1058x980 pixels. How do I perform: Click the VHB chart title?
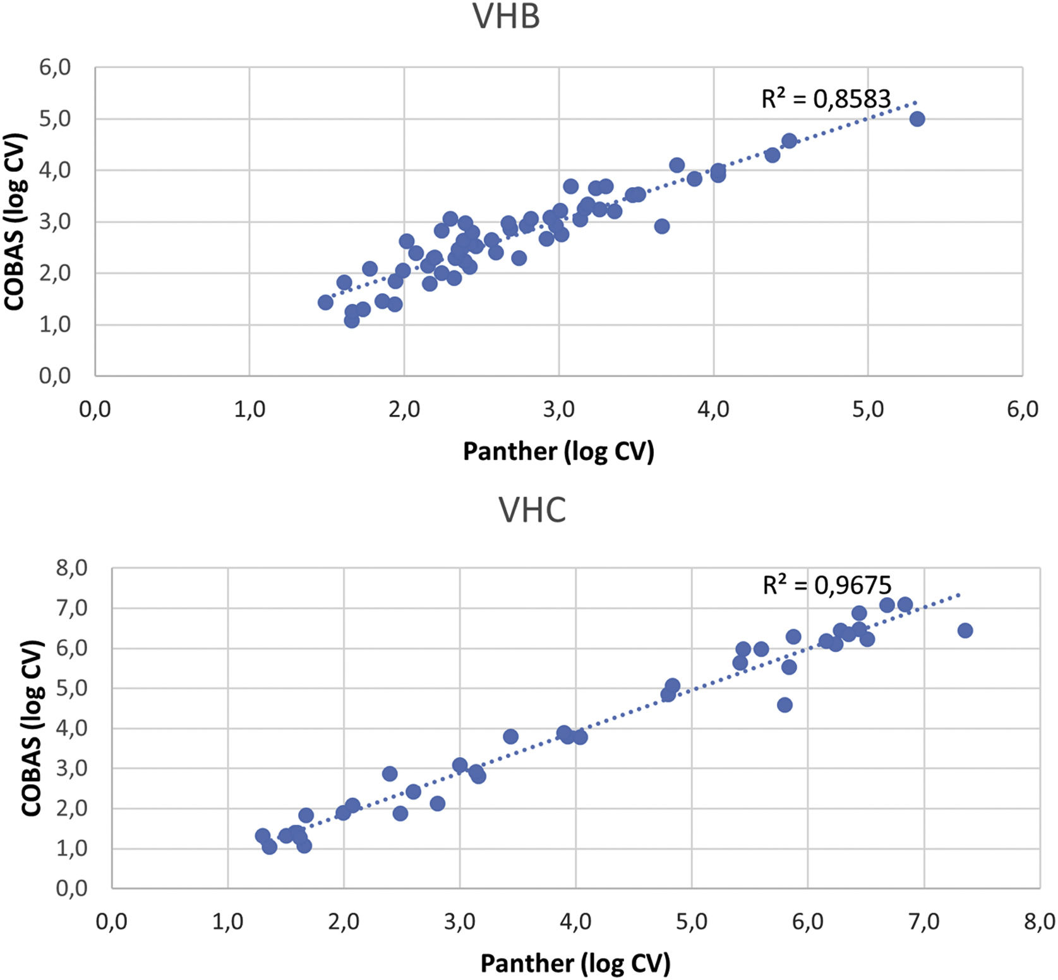coord(506,17)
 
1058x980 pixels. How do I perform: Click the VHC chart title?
coord(532,510)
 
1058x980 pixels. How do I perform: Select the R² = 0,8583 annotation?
coord(826,99)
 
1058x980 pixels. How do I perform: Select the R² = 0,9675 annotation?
coord(827,585)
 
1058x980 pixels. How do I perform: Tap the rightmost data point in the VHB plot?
coord(917,119)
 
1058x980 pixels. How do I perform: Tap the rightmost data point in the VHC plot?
coord(965,630)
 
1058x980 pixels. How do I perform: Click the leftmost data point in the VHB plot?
coord(325,302)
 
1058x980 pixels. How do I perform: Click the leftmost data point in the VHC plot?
coord(263,835)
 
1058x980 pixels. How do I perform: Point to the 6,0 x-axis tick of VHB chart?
coord(1022,409)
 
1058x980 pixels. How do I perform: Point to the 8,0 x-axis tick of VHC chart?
coord(1039,921)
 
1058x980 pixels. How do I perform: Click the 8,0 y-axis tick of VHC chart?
coord(71,568)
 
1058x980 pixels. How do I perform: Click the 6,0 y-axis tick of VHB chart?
coord(55,67)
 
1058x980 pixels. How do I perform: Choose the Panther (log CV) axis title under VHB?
coord(558,451)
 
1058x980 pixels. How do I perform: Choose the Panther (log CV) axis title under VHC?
coord(575,963)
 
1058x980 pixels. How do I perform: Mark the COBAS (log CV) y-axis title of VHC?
coord(31,727)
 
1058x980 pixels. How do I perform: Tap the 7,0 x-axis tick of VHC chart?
coord(923,921)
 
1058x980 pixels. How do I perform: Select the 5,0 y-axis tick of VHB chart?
coord(55,119)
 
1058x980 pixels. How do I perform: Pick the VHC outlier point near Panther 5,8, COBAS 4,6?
coord(784,705)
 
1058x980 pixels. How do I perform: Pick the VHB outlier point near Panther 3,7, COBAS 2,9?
coord(661,226)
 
